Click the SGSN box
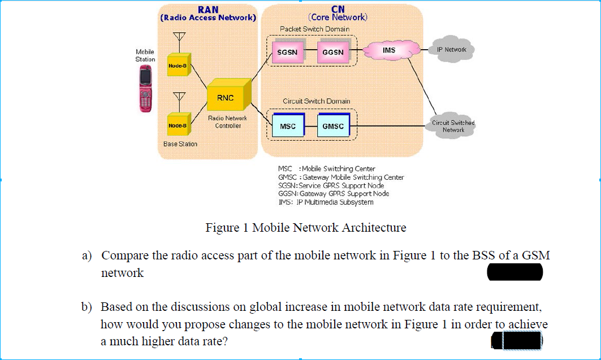pos(288,52)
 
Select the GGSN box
pos(332,52)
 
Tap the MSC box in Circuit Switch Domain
pos(288,126)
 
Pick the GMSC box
pos(332,126)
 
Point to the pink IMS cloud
pos(389,51)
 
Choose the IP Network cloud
pos(452,50)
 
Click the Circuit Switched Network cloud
pos(453,126)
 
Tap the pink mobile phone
pos(146,89)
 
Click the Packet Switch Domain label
pos(314,29)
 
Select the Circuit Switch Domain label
pos(316,101)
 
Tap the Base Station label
pos(180,144)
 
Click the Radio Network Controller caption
pos(227,122)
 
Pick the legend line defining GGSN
pos(334,194)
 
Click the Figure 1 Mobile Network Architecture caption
pos(305,228)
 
